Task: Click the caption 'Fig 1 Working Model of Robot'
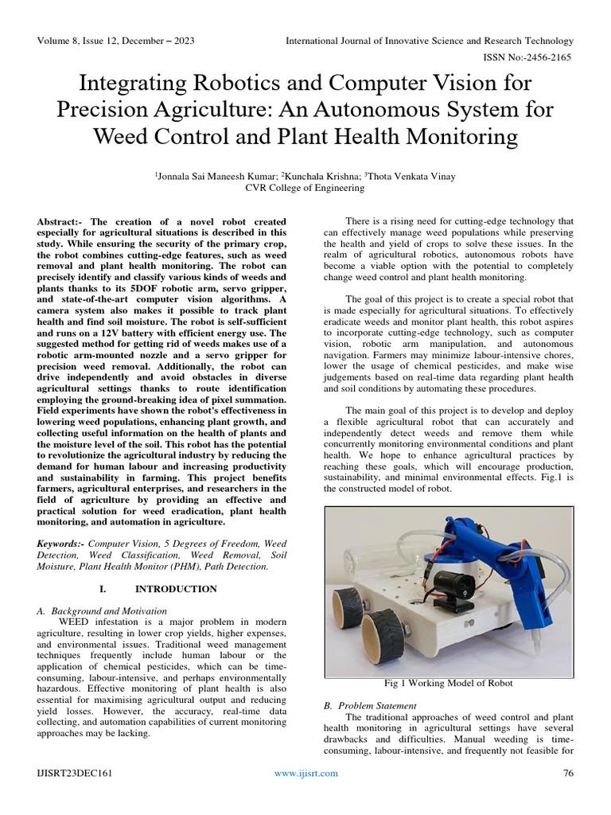click(449, 683)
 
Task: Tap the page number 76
click(568, 773)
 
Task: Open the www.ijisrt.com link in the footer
click(305, 773)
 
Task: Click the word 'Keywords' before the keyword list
click(60, 544)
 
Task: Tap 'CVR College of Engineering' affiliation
click(305, 188)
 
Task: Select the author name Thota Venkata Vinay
click(411, 176)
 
